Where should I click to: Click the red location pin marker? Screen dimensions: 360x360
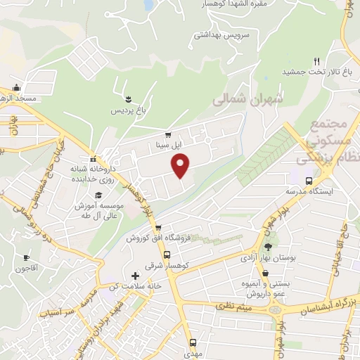click(x=181, y=166)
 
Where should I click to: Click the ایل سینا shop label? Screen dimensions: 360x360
click(x=167, y=146)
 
